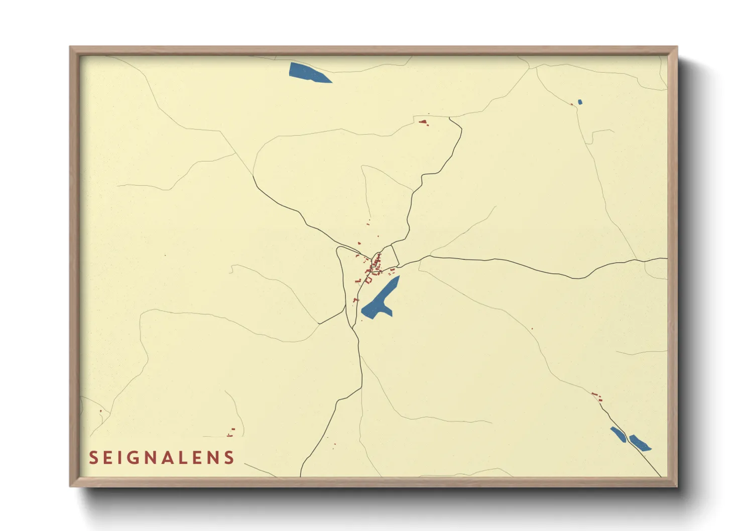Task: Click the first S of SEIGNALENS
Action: [x=93, y=458]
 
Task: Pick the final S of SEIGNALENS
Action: [x=229, y=458]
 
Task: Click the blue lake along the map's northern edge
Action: [x=307, y=72]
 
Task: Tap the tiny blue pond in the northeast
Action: [x=580, y=102]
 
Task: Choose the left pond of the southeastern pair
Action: [x=618, y=434]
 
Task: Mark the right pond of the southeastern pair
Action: [x=640, y=443]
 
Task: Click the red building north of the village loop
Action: [x=423, y=121]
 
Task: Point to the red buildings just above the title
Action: [x=231, y=432]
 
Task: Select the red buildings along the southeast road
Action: [x=596, y=396]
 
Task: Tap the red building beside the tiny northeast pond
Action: [x=572, y=104]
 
